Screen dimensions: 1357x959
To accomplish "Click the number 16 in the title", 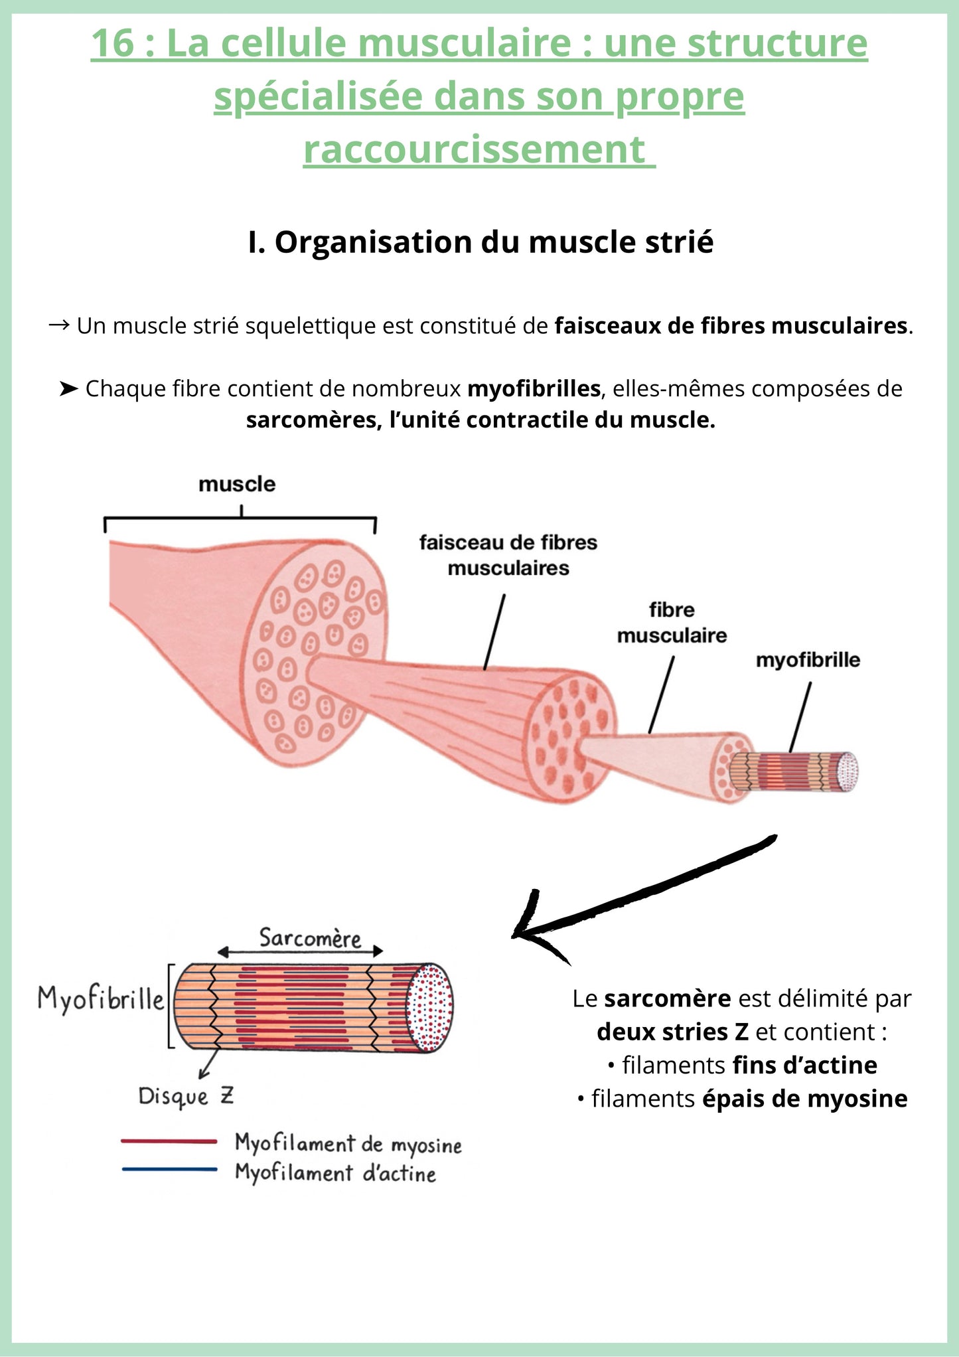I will pos(111,43).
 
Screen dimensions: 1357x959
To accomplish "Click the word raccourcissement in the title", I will pos(474,149).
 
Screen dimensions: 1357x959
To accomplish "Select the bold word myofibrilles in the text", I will pos(534,388).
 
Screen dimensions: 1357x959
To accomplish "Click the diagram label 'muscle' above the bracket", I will pos(237,484).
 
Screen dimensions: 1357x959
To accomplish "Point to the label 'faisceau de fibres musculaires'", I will pos(508,555).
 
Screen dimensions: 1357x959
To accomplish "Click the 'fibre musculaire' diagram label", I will pos(672,623).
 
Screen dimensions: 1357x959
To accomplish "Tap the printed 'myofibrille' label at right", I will pos(808,660).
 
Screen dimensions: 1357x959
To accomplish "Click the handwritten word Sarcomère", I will pos(310,938).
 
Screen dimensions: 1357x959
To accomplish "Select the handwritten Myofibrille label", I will pos(100,999).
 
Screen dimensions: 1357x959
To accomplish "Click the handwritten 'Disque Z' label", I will pos(186,1096).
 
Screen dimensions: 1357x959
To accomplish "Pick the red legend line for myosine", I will pos(169,1142).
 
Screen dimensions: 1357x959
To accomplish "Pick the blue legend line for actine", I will pos(169,1169).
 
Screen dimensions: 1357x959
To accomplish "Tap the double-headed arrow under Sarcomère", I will pos(301,952).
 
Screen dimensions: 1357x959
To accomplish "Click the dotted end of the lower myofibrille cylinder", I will pos(431,1008).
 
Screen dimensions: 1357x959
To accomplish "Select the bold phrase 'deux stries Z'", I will pos(672,1032).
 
